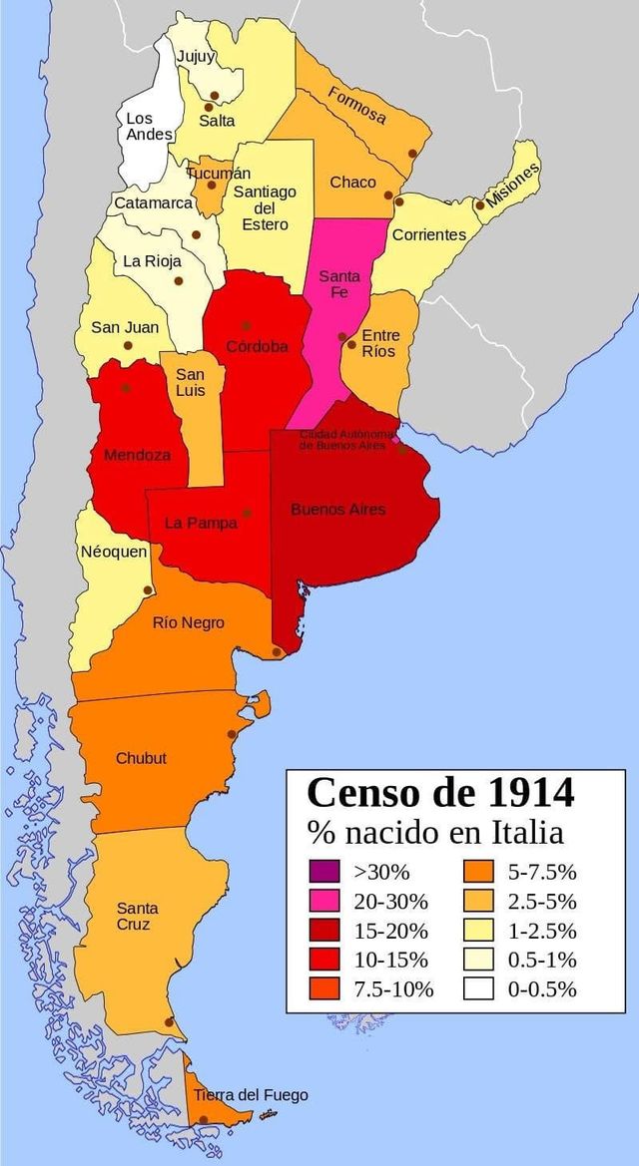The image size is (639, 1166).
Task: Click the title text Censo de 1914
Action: point(440,793)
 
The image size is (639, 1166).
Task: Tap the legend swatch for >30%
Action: point(324,871)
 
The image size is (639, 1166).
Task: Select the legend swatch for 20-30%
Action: point(324,901)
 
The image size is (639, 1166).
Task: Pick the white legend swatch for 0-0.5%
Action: point(478,989)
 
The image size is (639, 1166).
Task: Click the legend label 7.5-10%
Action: point(393,989)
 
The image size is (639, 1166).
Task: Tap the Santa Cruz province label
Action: point(137,916)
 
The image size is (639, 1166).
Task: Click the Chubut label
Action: point(141,758)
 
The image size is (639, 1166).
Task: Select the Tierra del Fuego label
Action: point(251,1095)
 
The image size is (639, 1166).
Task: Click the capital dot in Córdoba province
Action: point(246,326)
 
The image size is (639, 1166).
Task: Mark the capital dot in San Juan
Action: point(128,346)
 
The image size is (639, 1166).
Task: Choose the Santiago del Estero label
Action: point(265,207)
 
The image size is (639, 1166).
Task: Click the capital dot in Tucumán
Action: point(211,185)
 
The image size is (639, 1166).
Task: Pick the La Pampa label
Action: point(201,522)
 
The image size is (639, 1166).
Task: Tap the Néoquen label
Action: point(114,552)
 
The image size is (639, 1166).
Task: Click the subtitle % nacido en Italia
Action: point(434,832)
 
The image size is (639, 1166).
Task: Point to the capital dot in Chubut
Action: point(232,734)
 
